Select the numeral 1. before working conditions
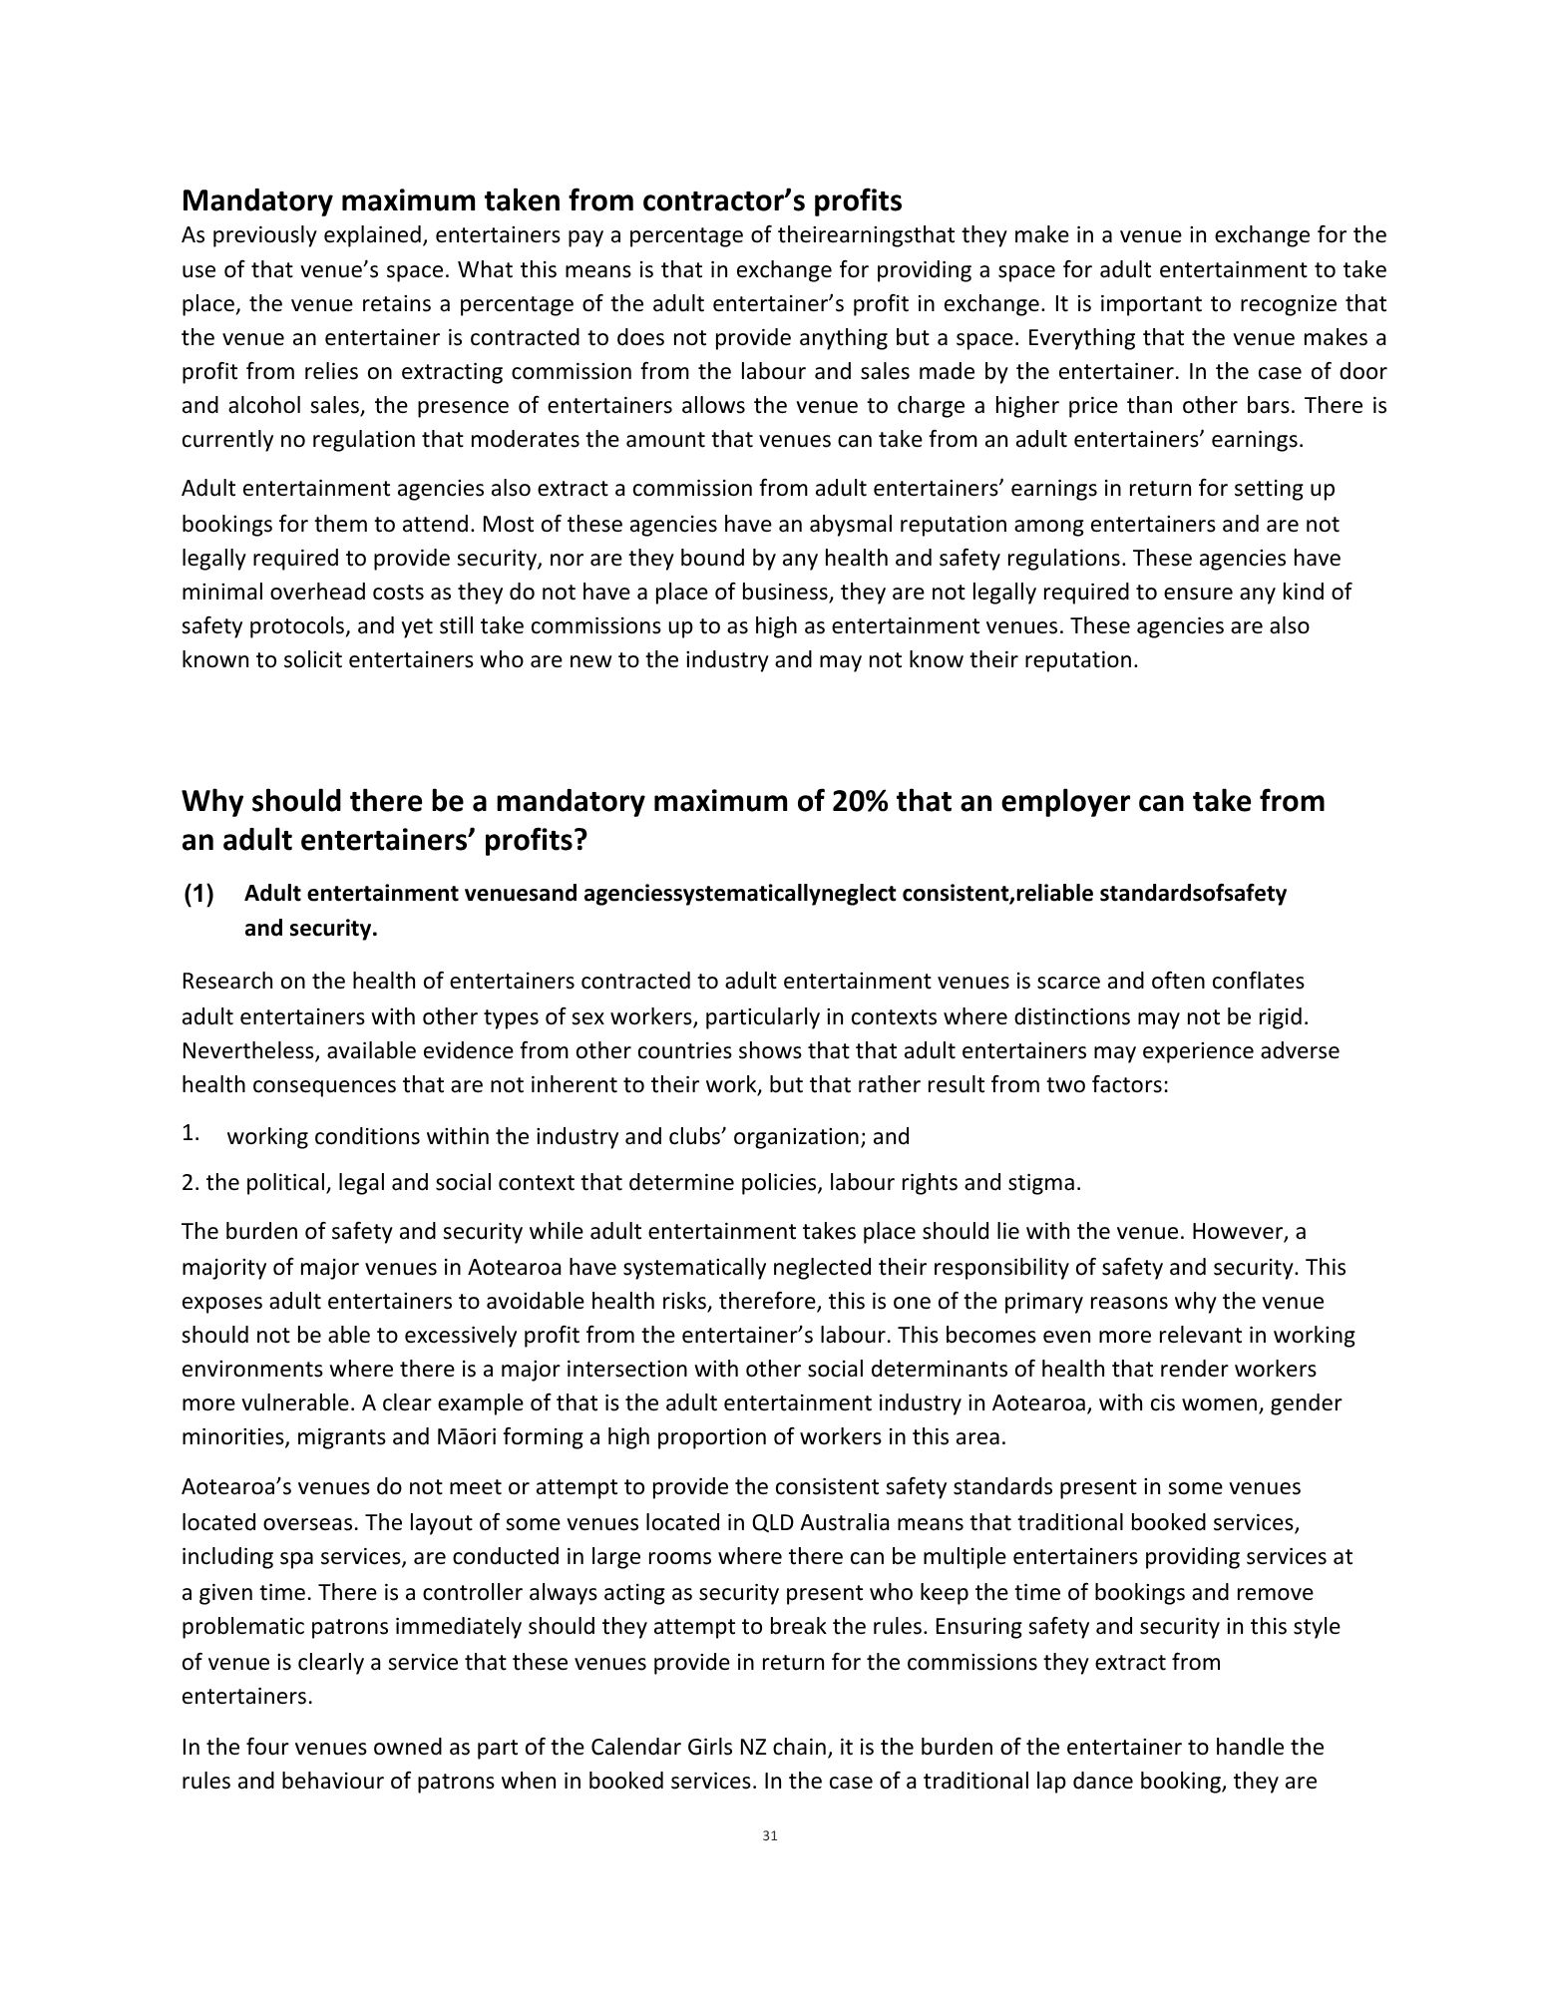coord(191,1133)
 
